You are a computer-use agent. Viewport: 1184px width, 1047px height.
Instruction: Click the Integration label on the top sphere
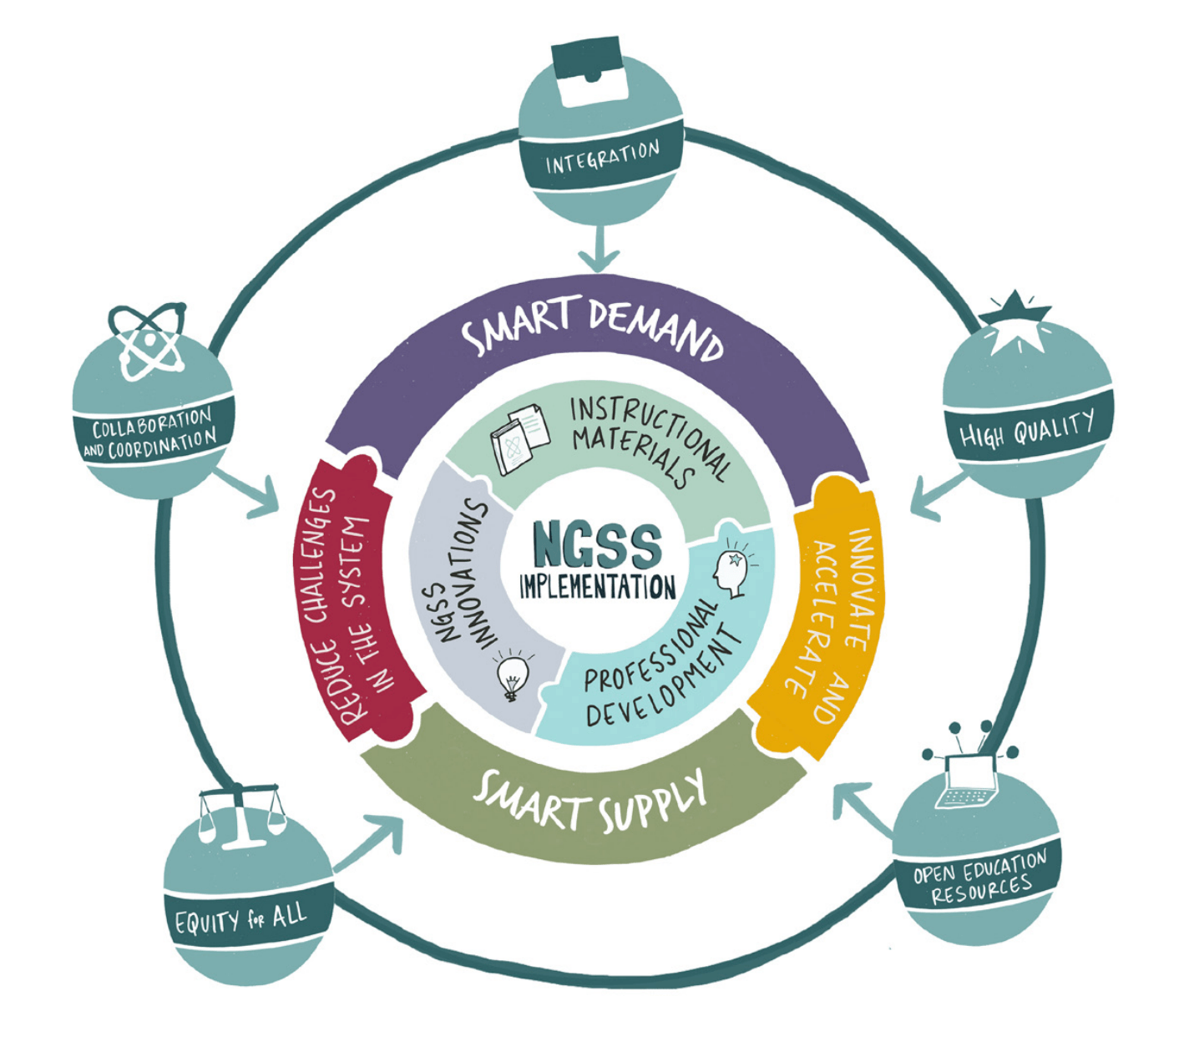602,158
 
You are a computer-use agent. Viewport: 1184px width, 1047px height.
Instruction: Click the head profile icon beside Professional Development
731,572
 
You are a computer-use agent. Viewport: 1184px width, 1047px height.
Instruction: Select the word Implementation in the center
597,586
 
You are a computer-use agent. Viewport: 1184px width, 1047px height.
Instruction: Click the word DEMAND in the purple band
655,329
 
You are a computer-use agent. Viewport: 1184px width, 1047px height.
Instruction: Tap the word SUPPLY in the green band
651,805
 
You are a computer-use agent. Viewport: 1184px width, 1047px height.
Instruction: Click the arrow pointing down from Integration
599,250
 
